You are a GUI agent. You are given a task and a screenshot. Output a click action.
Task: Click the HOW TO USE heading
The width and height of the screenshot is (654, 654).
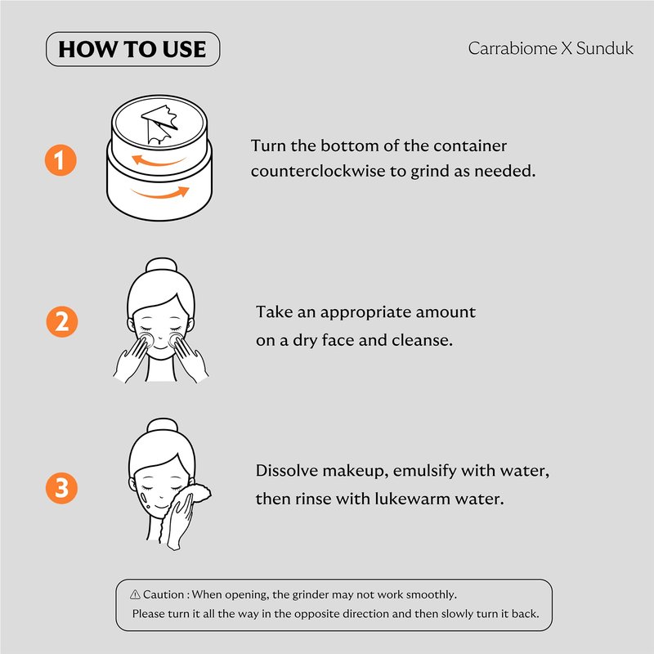point(132,49)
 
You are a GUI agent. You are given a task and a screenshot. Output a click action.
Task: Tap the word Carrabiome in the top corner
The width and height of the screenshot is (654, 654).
point(513,48)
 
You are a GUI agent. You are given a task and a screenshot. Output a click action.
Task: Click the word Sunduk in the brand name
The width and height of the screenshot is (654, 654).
point(605,48)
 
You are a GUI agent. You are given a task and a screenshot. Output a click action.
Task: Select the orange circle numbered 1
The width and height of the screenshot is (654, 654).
point(60,160)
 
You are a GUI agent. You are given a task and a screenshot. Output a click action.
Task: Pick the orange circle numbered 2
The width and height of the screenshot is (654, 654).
point(62,321)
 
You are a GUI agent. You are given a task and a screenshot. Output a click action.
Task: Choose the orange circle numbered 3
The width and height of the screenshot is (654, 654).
point(62,488)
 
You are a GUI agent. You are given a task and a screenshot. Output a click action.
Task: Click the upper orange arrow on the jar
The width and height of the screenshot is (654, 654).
point(158,161)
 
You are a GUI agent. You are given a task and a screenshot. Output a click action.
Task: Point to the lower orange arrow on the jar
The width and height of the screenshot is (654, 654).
point(161,193)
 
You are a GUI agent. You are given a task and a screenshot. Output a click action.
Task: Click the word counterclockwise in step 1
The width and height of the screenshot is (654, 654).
point(318,171)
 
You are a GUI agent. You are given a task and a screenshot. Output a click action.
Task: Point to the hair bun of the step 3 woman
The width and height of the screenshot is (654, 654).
point(162,425)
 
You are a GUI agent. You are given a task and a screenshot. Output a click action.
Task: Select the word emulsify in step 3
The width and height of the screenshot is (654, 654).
point(424,471)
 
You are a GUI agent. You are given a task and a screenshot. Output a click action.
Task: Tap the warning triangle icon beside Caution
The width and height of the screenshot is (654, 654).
point(135,594)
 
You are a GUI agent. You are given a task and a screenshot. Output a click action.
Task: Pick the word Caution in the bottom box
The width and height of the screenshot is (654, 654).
point(163,594)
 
